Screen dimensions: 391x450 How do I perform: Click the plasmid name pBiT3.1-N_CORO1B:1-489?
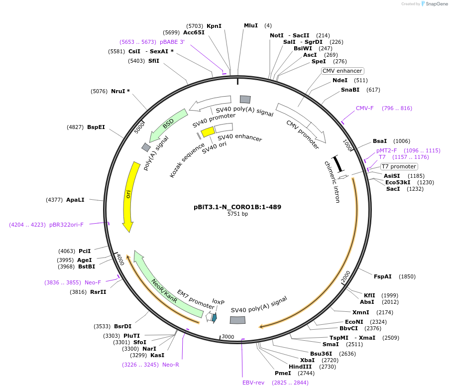click(237, 207)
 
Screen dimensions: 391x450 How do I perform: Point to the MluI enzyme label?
click(251, 25)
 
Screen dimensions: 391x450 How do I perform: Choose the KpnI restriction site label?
click(214, 26)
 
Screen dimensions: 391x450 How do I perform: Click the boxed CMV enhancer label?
click(342, 71)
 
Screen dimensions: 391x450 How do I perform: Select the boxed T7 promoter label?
click(399, 166)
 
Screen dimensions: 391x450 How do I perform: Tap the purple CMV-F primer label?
click(364, 108)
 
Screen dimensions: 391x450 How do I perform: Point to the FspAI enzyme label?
click(383, 276)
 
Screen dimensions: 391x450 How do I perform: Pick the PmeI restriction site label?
click(283, 373)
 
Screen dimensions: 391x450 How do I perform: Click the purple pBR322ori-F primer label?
click(66, 225)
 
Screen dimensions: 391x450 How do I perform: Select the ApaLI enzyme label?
click(75, 200)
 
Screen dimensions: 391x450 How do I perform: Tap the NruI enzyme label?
click(120, 91)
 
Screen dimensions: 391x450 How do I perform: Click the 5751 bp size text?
click(237, 214)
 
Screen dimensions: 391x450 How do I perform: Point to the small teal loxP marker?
click(215, 317)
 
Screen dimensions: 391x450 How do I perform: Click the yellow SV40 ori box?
click(208, 131)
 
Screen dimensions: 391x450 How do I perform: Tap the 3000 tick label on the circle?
click(228, 337)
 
